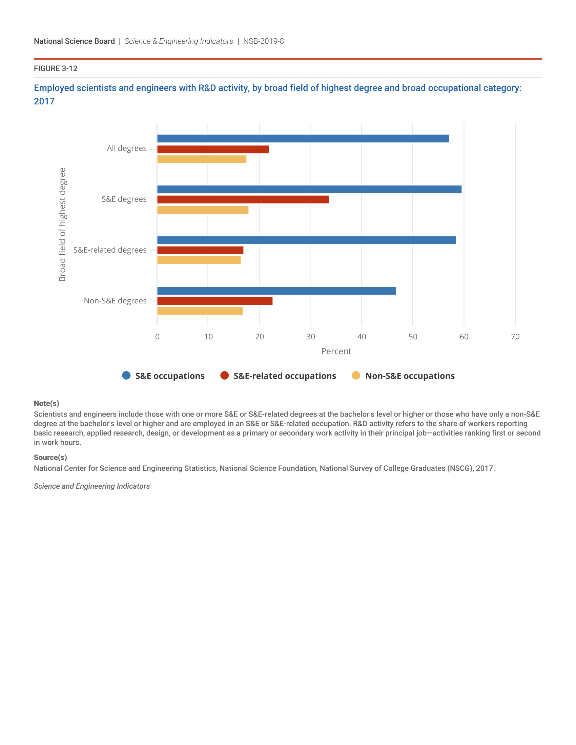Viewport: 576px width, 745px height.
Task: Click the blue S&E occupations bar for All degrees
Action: pyautogui.click(x=303, y=139)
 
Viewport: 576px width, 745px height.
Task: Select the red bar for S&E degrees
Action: pyautogui.click(x=243, y=199)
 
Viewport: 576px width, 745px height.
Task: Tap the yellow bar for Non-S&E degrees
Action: pyautogui.click(x=200, y=311)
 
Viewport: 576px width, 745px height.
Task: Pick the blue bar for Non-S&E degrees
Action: pyautogui.click(x=276, y=291)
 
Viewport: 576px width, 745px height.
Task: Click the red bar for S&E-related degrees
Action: pyautogui.click(x=200, y=250)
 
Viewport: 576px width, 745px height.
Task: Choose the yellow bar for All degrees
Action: pyautogui.click(x=202, y=159)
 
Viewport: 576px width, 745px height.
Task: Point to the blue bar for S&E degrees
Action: pyautogui.click(x=309, y=189)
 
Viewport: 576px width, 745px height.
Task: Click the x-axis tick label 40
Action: pyautogui.click(x=362, y=337)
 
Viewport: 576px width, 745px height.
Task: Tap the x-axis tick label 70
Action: pyautogui.click(x=515, y=337)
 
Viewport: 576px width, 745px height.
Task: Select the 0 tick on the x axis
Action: pyautogui.click(x=157, y=337)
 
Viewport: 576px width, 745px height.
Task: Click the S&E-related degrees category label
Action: pyautogui.click(x=110, y=250)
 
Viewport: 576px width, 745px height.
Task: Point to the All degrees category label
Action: pyautogui.click(x=127, y=148)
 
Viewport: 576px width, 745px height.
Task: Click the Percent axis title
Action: pyautogui.click(x=336, y=352)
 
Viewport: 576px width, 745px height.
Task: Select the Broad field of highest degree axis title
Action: pyautogui.click(x=62, y=225)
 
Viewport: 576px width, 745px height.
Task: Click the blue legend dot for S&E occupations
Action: pyautogui.click(x=126, y=376)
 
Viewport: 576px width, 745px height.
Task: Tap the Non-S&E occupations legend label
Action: pyautogui.click(x=410, y=376)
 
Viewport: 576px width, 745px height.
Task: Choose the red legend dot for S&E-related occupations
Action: pyautogui.click(x=225, y=376)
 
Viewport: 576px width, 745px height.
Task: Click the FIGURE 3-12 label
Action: pyautogui.click(x=56, y=68)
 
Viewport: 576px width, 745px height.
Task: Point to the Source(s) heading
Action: pyautogui.click(x=50, y=457)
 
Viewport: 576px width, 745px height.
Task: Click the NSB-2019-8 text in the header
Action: pyautogui.click(x=263, y=41)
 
